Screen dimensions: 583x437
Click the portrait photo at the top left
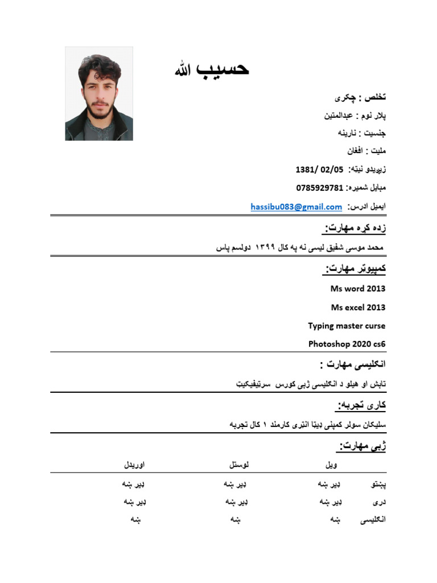coord(99,94)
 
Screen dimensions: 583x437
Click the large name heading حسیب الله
coord(212,70)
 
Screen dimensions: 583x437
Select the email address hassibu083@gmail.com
coord(296,207)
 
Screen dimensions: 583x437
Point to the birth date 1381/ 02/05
coord(319,170)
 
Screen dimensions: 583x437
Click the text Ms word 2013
coord(357,289)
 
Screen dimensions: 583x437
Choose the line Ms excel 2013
coord(357,307)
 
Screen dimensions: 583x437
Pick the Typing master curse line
coord(347,326)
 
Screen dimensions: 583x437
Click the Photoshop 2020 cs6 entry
coord(347,344)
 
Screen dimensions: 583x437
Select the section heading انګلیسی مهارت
coord(353,364)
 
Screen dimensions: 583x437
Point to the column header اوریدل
coord(134,465)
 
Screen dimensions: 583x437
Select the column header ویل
coord(331,465)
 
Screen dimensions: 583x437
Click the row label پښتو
coord(374,485)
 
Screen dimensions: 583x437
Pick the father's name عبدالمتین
coord(339,116)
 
